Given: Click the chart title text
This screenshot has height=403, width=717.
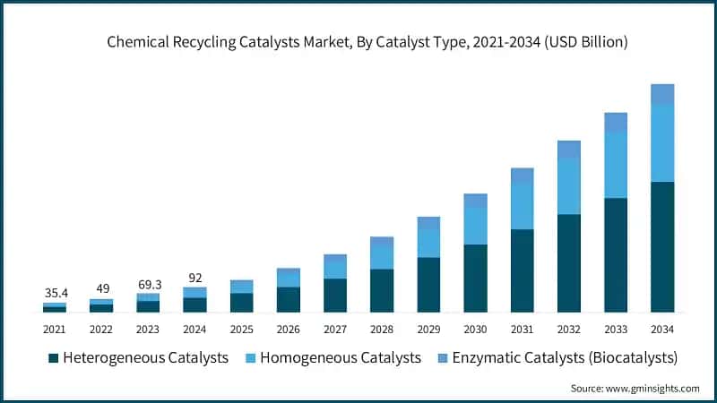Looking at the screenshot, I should pos(367,41).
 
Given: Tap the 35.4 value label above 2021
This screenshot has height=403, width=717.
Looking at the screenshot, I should pos(55,292).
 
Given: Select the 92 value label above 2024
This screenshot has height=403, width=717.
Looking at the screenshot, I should pos(194,277).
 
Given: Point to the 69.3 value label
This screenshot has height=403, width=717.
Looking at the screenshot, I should pos(148,283).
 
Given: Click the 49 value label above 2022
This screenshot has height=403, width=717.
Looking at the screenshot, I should pos(101,288).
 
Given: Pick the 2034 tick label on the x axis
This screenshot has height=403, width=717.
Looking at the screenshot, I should pos(661,329).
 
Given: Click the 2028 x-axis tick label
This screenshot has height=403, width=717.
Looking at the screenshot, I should pos(382,329).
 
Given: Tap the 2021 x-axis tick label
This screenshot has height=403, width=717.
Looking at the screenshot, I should pos(55,329).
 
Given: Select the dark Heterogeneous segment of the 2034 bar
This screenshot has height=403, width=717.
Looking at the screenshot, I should pos(661,246).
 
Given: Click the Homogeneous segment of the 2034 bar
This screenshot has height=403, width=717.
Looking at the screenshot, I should pos(661,143).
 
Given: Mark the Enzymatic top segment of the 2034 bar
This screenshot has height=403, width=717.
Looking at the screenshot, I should pos(661,94).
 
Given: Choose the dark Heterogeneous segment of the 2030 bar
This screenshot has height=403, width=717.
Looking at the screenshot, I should pos(475,278).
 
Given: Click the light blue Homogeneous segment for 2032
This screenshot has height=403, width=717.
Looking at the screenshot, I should pos(568,186).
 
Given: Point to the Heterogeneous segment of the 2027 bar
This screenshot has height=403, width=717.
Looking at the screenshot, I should pos(335,295).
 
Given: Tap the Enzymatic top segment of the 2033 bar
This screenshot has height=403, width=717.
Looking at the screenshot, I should pos(615,123).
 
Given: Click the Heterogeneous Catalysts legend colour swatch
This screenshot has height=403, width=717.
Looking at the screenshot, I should pos(53,358).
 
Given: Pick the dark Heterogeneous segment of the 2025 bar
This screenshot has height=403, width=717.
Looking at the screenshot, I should pos(242,302).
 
